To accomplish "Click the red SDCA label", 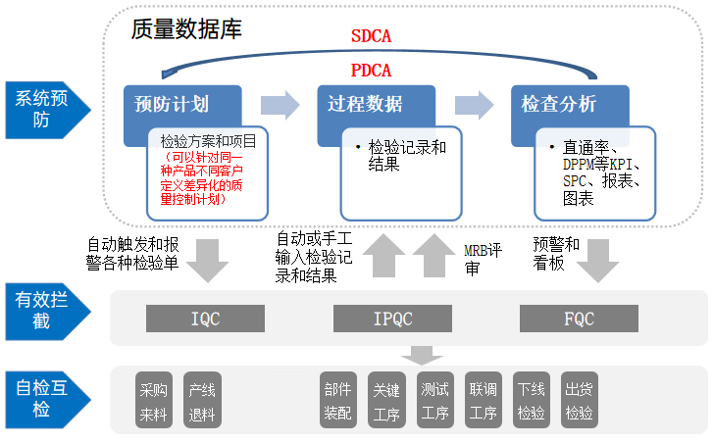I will pos(372,38).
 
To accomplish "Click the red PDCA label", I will pos(371,71).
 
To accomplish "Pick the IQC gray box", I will pos(206,318).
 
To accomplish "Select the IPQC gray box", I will pos(392,318).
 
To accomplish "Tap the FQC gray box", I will pos(579,318).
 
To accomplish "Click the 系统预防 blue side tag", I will pos(41,109).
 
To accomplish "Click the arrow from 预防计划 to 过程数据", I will pos(280,104).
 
